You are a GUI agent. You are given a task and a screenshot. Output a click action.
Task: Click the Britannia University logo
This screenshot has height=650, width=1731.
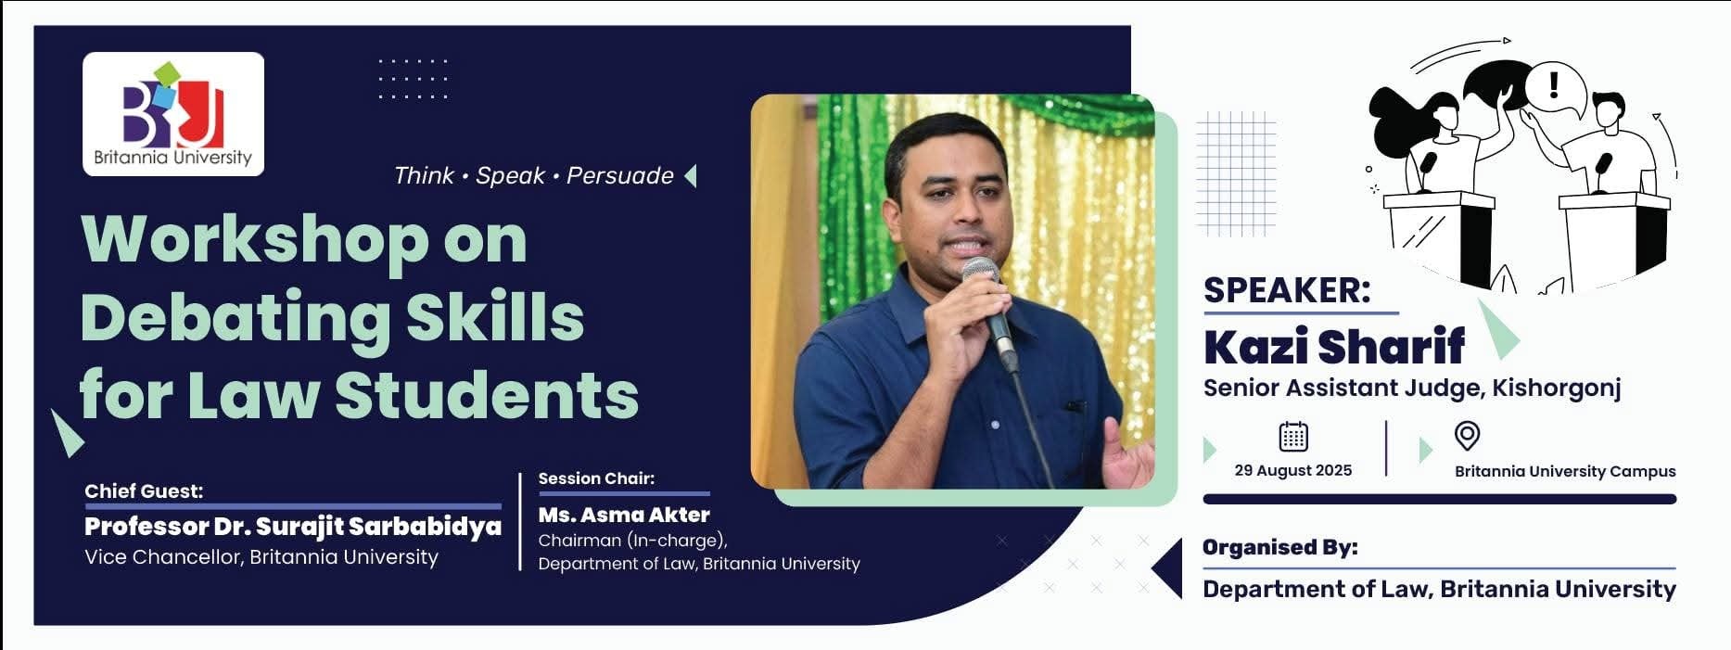pyautogui.click(x=173, y=114)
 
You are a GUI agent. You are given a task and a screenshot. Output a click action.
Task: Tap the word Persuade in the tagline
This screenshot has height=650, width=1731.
pyautogui.click(x=619, y=175)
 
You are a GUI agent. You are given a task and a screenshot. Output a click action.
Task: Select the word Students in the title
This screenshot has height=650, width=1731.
pyautogui.click(x=487, y=395)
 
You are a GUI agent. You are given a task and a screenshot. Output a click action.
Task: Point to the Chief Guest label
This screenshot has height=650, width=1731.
pyautogui.click(x=144, y=491)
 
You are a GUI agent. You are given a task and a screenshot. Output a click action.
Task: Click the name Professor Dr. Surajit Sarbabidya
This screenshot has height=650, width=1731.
pyautogui.click(x=293, y=527)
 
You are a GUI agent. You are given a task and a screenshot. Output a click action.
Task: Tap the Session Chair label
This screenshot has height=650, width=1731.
pyautogui.click(x=596, y=478)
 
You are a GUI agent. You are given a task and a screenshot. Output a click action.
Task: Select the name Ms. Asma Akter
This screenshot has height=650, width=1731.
pyautogui.click(x=624, y=515)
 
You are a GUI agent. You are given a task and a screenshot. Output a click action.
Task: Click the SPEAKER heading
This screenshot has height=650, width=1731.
pyautogui.click(x=1287, y=290)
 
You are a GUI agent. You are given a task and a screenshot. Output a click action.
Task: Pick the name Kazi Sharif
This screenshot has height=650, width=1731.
pyautogui.click(x=1334, y=347)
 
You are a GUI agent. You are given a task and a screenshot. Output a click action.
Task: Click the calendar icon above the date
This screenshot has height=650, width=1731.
pyautogui.click(x=1293, y=436)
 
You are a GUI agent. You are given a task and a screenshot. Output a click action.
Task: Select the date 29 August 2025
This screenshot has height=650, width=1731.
pyautogui.click(x=1293, y=470)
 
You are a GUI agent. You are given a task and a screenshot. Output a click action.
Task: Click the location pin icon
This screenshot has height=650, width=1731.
pyautogui.click(x=1467, y=435)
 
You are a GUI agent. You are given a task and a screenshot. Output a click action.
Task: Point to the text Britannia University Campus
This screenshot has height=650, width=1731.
pyautogui.click(x=1565, y=471)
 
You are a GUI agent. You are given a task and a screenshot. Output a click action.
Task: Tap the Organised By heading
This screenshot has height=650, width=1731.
pyautogui.click(x=1280, y=548)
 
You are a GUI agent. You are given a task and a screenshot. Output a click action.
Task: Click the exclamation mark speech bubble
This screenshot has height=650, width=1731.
pyautogui.click(x=1555, y=90)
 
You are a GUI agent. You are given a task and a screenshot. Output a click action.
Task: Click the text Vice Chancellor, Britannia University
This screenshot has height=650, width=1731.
pyautogui.click(x=261, y=556)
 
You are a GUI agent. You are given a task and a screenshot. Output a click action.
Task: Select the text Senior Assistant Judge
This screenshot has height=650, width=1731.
pyautogui.click(x=1344, y=388)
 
